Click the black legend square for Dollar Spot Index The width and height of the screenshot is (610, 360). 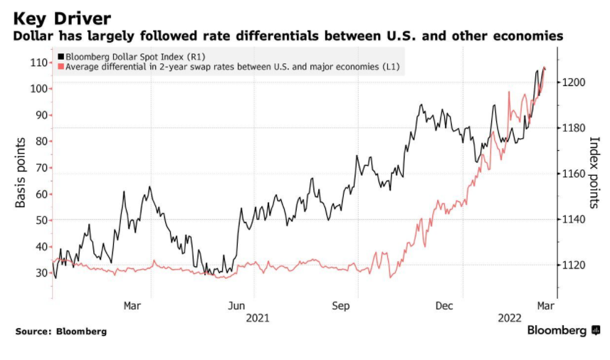point(61,55)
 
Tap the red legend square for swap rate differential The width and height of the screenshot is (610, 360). point(61,66)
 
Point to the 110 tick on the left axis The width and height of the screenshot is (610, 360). point(38,63)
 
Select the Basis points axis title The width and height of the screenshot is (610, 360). point(21,173)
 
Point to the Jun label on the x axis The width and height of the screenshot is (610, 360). point(236,306)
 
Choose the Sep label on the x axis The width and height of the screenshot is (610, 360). point(340,306)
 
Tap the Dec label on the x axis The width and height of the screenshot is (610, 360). point(444,306)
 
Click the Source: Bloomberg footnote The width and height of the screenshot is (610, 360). point(61,332)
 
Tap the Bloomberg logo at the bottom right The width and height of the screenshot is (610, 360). point(557,331)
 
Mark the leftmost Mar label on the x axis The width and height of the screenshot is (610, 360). point(132,306)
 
